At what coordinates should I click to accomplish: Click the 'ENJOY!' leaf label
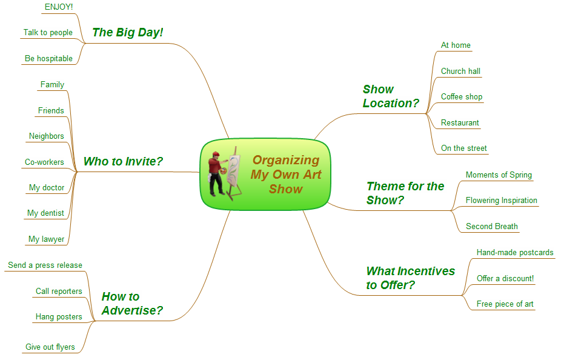point(59,7)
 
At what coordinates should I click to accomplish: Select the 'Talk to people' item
point(48,32)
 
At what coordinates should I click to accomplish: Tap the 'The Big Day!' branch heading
point(128,32)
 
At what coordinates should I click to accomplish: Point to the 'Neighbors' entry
point(47,136)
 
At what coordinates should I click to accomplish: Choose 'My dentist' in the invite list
point(45,213)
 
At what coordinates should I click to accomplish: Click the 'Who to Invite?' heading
point(123,161)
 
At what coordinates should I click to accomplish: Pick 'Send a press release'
point(45,265)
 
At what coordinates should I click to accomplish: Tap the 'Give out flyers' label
point(50,347)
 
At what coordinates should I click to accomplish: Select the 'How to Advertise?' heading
point(132,304)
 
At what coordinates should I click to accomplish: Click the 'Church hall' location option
point(460,72)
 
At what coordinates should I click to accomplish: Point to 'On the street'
point(463,148)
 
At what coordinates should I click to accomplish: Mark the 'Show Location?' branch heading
point(391,96)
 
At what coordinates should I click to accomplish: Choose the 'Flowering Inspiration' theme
point(502,201)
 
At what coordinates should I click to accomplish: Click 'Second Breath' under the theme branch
point(492,227)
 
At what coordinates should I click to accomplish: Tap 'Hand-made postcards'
point(515,252)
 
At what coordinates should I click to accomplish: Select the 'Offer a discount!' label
point(505,278)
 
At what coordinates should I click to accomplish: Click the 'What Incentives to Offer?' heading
point(410,278)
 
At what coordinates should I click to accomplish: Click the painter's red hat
point(216,154)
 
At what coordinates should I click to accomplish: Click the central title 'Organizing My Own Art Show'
point(286,175)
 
